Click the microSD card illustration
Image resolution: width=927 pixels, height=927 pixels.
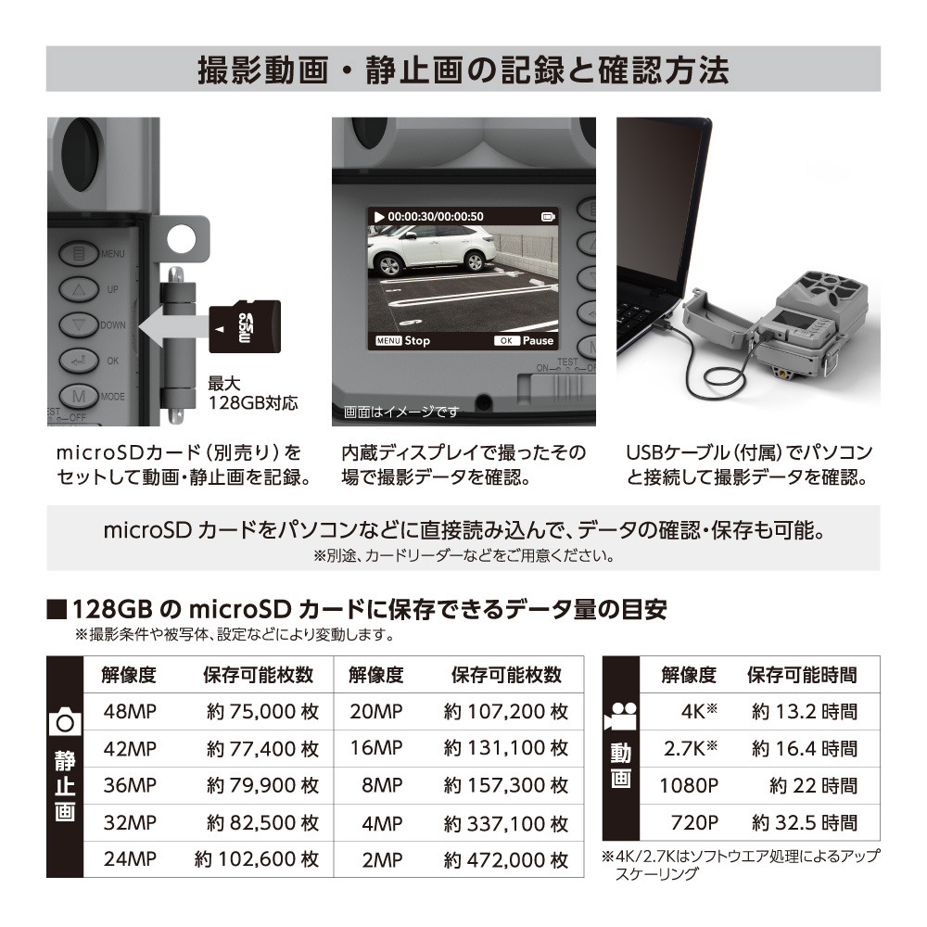245,327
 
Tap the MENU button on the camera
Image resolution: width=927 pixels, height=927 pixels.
79,254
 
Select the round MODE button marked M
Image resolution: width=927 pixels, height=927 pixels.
79,396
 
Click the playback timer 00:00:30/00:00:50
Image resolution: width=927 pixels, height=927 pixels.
435,217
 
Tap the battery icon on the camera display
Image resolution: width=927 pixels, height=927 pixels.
548,217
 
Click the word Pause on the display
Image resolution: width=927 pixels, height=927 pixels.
538,340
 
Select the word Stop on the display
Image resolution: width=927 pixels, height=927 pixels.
417,340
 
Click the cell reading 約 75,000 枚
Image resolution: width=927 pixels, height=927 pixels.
262,711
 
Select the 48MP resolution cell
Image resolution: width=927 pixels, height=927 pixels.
130,711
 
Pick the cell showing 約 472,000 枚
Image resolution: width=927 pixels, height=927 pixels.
506,859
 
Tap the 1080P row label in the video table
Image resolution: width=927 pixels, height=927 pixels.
689,786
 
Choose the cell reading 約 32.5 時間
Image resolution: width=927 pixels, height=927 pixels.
805,822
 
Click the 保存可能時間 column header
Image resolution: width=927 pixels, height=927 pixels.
802,675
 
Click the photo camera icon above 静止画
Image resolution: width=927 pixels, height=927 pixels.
65,721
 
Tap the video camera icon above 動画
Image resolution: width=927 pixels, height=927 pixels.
620,717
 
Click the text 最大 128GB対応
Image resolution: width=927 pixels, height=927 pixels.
252,393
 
